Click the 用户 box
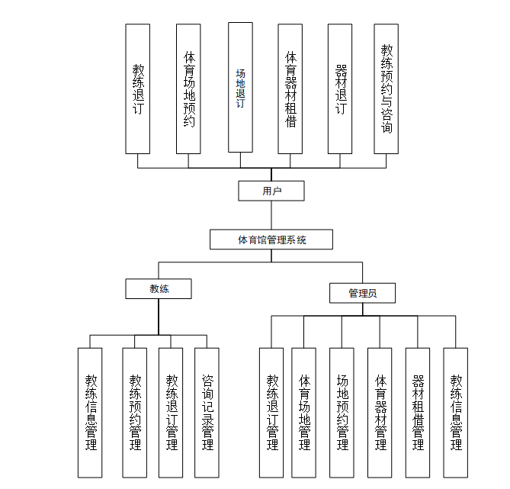271,191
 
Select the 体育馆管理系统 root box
271,240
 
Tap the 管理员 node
362,293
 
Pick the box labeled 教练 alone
159,288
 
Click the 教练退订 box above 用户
138,88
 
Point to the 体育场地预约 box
188,88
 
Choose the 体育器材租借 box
290,88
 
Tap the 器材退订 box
340,88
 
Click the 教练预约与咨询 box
387,88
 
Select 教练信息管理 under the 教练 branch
90,412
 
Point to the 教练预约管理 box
135,412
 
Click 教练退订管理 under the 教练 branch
171,412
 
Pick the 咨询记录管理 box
207,412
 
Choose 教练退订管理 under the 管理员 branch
271,412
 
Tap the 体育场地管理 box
303,412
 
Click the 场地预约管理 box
342,412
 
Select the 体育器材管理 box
380,412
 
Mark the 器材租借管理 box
417,412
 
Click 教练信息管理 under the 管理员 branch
455,412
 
